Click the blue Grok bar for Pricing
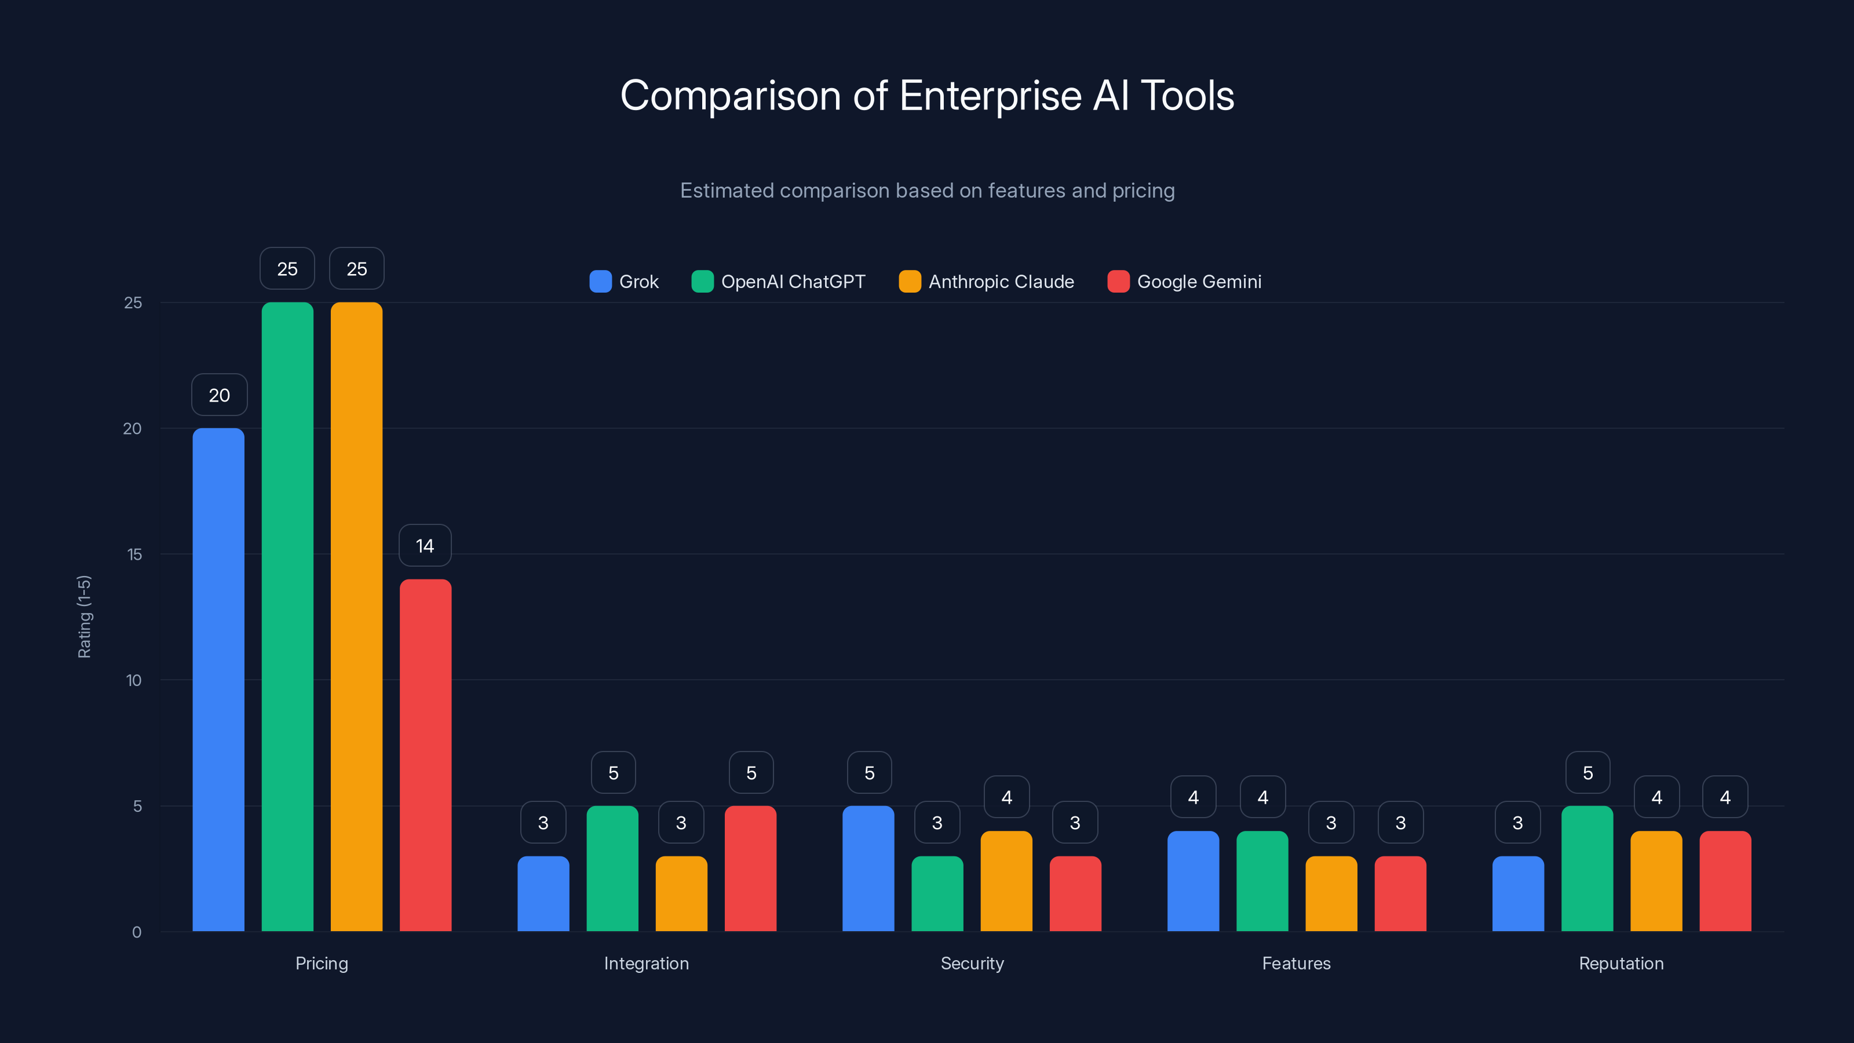[x=218, y=680]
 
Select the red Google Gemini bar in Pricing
[x=425, y=756]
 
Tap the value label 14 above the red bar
[x=425, y=546]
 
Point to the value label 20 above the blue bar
[x=219, y=395]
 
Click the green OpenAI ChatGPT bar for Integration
[x=612, y=869]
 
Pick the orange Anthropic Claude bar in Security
[x=1006, y=882]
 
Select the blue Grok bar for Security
[x=868, y=869]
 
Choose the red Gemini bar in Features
[x=1400, y=894]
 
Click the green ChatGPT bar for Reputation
[x=1587, y=869]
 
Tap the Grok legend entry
[x=624, y=282]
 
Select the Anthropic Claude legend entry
[x=987, y=282]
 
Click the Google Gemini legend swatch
[x=1118, y=282]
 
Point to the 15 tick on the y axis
[x=134, y=555]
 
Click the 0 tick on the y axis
[x=137, y=932]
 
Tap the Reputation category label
[x=1621, y=963]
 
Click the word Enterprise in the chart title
[x=990, y=96]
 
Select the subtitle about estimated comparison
[x=927, y=191]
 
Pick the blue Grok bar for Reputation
[x=1518, y=894]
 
